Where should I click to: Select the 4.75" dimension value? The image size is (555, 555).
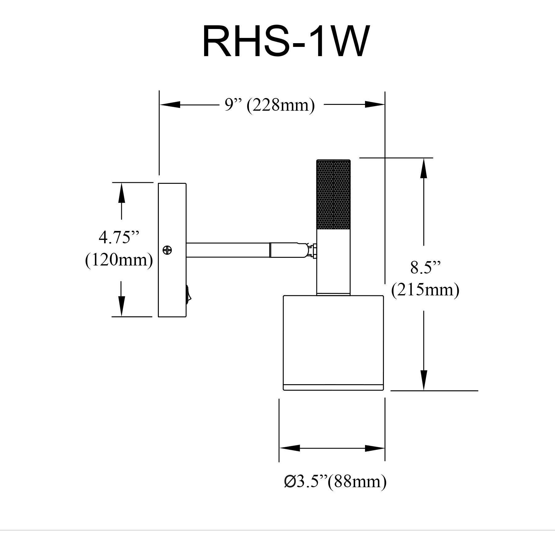click(x=119, y=237)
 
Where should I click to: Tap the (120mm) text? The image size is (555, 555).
click(x=119, y=260)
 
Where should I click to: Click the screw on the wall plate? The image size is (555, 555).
click(x=167, y=250)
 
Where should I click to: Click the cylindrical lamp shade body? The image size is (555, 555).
click(x=333, y=339)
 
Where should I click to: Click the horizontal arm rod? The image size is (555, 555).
click(x=228, y=250)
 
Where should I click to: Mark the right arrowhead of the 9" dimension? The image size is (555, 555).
click(x=375, y=105)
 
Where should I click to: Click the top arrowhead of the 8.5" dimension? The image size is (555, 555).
click(x=424, y=168)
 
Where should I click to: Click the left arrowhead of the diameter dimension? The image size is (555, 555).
click(x=290, y=448)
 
